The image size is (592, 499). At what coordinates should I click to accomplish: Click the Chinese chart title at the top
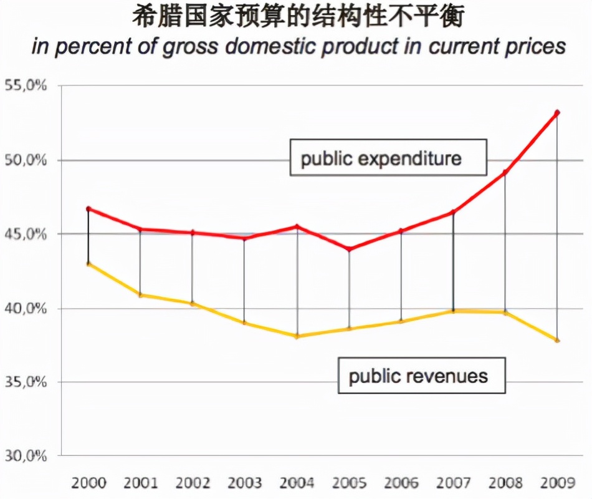pyautogui.click(x=298, y=17)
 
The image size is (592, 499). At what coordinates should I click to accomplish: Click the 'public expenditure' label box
pyautogui.click(x=381, y=158)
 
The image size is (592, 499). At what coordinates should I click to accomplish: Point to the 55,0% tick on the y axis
pyautogui.click(x=26, y=86)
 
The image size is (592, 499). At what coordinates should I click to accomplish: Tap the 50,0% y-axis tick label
pyautogui.click(x=26, y=160)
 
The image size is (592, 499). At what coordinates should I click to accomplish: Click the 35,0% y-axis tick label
pyautogui.click(x=26, y=382)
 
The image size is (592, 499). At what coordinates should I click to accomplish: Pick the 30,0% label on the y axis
pyautogui.click(x=26, y=456)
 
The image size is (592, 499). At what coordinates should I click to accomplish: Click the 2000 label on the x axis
pyautogui.click(x=88, y=482)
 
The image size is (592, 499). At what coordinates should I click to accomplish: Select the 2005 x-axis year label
pyautogui.click(x=349, y=482)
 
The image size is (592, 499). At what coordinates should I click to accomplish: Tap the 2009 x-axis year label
pyautogui.click(x=556, y=482)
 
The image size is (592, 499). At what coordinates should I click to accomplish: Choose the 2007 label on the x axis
pyautogui.click(x=453, y=482)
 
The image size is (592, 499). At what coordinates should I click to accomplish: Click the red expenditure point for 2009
pyautogui.click(x=557, y=113)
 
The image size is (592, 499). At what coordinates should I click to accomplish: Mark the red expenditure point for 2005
pyautogui.click(x=349, y=249)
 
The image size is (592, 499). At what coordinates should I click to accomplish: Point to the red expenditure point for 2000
pyautogui.click(x=88, y=209)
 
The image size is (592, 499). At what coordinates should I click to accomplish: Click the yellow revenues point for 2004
pyautogui.click(x=297, y=336)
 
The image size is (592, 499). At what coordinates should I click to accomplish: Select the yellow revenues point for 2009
pyautogui.click(x=557, y=340)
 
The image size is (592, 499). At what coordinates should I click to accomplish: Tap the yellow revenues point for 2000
pyautogui.click(x=88, y=264)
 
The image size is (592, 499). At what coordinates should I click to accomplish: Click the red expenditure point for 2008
pyautogui.click(x=505, y=172)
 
